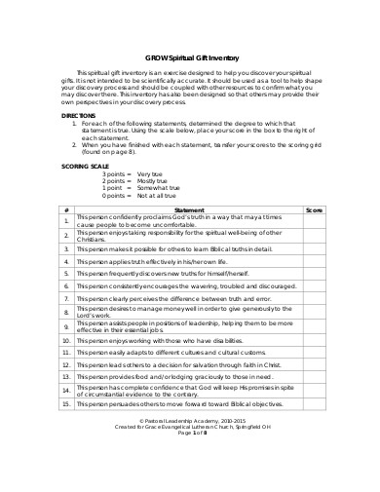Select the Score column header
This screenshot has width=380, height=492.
point(314,237)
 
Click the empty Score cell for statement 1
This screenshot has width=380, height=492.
point(314,248)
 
